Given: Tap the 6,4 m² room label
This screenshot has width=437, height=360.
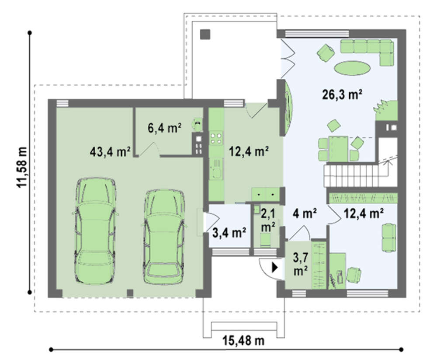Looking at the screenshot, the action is (x=164, y=128).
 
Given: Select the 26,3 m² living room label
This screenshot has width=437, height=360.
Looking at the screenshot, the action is (x=342, y=94).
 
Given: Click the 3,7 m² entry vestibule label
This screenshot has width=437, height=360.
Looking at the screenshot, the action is (x=300, y=264).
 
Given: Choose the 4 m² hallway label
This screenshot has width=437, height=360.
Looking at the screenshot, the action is (x=304, y=213).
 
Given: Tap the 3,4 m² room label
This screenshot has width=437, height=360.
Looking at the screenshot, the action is (x=229, y=232).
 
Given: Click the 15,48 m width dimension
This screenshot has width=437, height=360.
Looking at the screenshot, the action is (x=243, y=340).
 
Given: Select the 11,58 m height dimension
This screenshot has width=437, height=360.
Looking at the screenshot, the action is (x=22, y=167).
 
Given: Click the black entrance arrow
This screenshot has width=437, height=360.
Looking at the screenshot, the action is (x=275, y=268).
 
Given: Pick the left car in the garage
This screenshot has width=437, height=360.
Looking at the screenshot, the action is (x=95, y=231).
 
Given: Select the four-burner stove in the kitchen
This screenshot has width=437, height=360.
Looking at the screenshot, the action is (x=216, y=138).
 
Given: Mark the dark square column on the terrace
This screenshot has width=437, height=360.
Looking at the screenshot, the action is (x=205, y=34).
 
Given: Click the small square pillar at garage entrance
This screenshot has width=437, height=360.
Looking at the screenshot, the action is (x=130, y=293).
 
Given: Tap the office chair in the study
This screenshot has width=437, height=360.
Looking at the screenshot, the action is (x=354, y=275).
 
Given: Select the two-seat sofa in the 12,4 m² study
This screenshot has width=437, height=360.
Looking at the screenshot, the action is (x=388, y=238).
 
